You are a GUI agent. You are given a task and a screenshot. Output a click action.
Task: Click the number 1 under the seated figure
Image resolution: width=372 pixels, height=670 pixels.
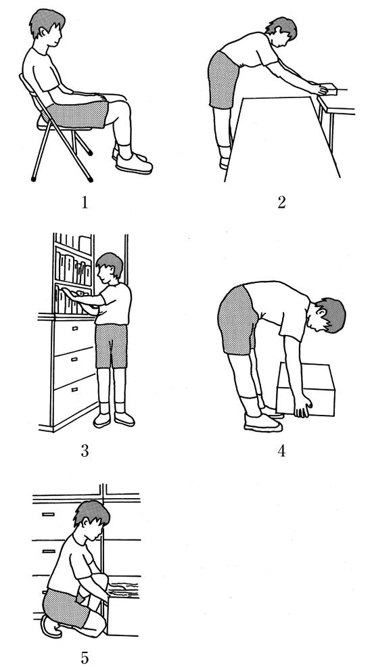click(x=85, y=202)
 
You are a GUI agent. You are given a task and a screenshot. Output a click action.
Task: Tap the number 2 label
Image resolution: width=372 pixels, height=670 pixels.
click(x=281, y=202)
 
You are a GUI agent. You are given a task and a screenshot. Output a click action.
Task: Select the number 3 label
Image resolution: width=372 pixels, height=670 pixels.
click(x=85, y=451)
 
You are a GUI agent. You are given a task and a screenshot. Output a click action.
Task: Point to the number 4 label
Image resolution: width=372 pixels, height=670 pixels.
click(x=281, y=451)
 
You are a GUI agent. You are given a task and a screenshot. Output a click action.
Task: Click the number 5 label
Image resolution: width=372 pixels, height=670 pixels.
click(x=85, y=658)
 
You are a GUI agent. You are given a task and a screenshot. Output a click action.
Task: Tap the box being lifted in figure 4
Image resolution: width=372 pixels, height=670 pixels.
click(x=306, y=389)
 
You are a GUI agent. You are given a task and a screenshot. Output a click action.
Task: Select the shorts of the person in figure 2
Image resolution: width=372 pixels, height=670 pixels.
click(x=223, y=80)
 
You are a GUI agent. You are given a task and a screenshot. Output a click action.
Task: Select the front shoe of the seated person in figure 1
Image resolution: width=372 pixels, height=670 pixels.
click(x=134, y=164)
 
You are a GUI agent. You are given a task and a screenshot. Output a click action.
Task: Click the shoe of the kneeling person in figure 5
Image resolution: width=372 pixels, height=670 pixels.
click(x=51, y=627)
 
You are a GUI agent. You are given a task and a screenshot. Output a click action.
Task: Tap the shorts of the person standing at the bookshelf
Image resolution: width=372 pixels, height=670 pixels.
click(x=111, y=346)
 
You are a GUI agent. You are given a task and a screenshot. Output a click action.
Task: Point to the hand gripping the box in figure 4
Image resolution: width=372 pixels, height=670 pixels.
click(x=303, y=406)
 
